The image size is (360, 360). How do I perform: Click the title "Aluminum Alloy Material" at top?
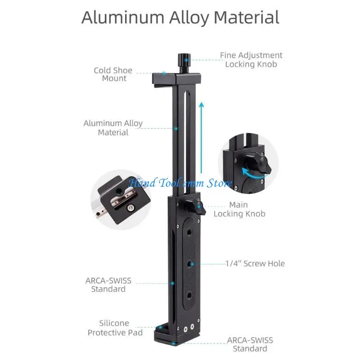point(180,18)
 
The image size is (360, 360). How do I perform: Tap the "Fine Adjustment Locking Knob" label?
point(251,60)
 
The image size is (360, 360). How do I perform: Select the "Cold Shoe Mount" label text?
point(113,74)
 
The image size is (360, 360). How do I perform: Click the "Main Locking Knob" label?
point(239,209)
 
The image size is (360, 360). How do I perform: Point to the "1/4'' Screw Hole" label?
point(255,264)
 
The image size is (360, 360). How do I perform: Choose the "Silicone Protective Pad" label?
point(115,328)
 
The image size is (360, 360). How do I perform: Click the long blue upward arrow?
point(201,138)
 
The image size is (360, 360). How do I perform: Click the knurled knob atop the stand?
point(184,60)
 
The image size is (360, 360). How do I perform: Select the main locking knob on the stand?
point(195,206)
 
